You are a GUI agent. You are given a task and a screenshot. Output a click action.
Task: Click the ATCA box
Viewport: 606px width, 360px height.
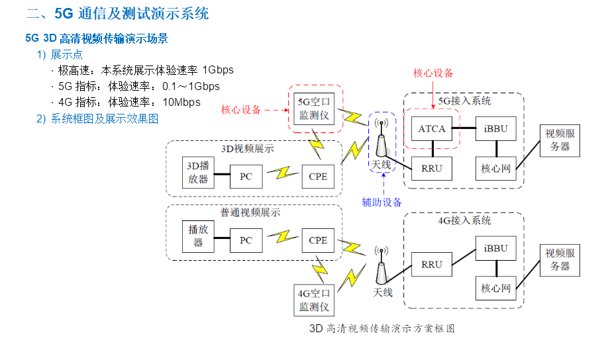[431, 128]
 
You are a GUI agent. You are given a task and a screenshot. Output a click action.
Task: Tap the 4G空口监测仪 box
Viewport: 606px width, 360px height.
[314, 299]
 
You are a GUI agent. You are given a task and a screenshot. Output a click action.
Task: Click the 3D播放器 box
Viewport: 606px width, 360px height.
[198, 172]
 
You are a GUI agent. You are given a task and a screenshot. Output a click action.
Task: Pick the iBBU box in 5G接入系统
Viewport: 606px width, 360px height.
[495, 128]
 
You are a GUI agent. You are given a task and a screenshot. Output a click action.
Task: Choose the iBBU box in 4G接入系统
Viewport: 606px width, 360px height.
[495, 248]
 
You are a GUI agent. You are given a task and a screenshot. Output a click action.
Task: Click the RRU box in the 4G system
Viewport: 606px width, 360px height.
[431, 265]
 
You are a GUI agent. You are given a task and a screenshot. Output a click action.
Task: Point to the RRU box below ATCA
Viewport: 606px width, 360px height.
[431, 168]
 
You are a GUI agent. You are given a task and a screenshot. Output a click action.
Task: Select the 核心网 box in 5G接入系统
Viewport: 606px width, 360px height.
[495, 168]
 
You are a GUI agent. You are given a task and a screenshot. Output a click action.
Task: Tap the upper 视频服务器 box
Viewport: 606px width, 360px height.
[560, 140]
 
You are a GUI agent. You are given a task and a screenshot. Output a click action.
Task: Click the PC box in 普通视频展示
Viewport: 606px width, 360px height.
[246, 240]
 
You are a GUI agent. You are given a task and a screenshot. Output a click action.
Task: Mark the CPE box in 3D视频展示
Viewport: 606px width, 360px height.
[318, 176]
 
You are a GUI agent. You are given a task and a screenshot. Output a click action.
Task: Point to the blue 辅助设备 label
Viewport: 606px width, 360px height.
[381, 202]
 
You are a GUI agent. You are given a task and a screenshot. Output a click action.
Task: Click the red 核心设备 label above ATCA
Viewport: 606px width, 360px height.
[433, 73]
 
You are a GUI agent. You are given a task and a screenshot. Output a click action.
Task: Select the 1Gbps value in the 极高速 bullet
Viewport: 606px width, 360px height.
[218, 70]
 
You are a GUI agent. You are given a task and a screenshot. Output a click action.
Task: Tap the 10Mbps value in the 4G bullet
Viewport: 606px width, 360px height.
[181, 102]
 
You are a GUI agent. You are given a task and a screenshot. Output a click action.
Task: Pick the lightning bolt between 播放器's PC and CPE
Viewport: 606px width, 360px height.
[283, 238]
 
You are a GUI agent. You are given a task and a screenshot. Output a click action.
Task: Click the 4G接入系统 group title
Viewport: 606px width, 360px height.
[464, 220]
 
